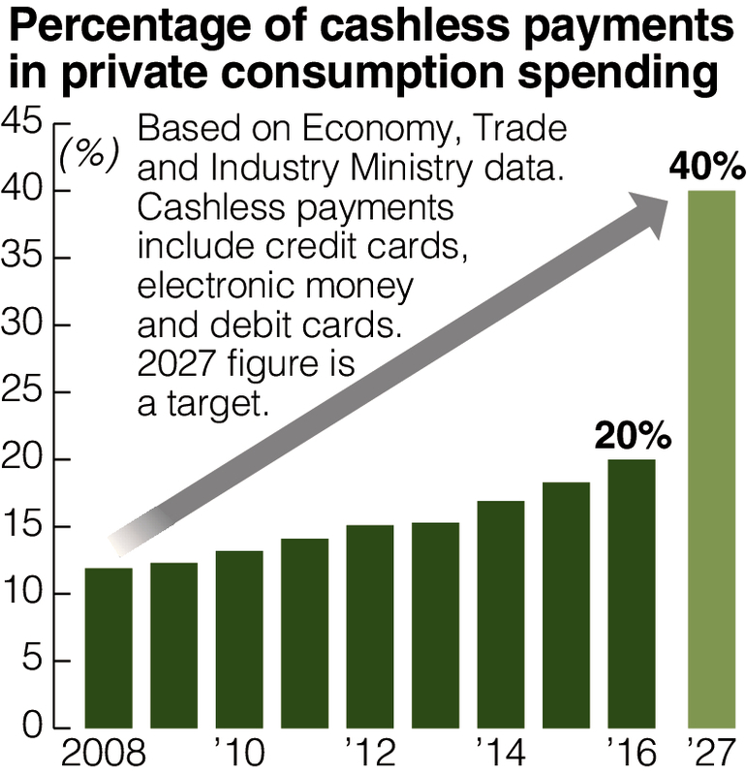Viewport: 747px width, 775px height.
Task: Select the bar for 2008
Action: coord(109,647)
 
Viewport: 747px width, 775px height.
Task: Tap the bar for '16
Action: coord(632,593)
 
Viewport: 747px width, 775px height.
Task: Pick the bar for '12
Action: coord(370,626)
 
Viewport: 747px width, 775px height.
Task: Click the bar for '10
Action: coord(239,638)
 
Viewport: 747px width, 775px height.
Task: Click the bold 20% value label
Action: coord(633,437)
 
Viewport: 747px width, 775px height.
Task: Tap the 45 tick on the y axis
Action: coord(22,122)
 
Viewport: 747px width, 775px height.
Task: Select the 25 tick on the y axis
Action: coord(22,391)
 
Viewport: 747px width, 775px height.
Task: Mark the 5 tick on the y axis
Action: coord(33,661)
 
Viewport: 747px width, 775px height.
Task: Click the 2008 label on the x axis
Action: coord(105,752)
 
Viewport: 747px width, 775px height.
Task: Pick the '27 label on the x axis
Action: coord(712,752)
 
